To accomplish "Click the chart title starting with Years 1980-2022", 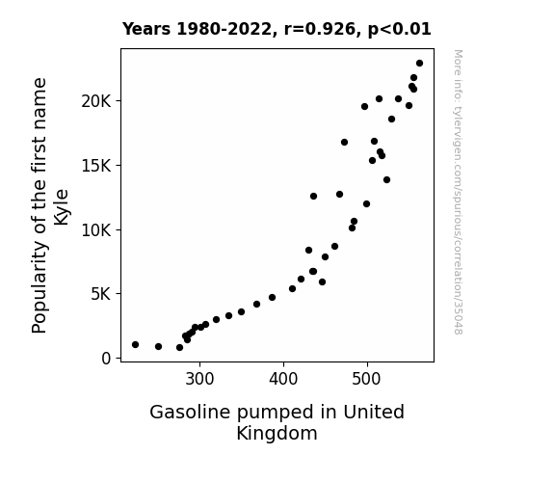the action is pyautogui.click(x=277, y=29).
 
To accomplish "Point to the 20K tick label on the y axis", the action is pyautogui.click(x=96, y=101).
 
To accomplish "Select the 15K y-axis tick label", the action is pyautogui.click(x=96, y=166).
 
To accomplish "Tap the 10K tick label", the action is pyautogui.click(x=96, y=230).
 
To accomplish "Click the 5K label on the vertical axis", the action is pyautogui.click(x=101, y=294).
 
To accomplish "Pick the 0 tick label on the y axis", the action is pyautogui.click(x=106, y=359).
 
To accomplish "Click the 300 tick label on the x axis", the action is pyautogui.click(x=199, y=379).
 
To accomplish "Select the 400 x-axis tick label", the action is pyautogui.click(x=283, y=379).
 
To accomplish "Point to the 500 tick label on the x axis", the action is pyautogui.click(x=366, y=379).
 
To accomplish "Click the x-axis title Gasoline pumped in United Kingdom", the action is pyautogui.click(x=277, y=422).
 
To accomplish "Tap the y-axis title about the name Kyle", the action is pyautogui.click(x=50, y=205).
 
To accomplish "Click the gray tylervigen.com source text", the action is pyautogui.click(x=458, y=192).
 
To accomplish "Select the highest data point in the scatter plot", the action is pyautogui.click(x=419, y=64).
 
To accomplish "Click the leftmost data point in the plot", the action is pyautogui.click(x=135, y=344).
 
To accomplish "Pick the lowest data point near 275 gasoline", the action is pyautogui.click(x=179, y=348).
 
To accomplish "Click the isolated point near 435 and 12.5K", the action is pyautogui.click(x=313, y=197).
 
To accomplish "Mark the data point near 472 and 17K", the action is pyautogui.click(x=345, y=142).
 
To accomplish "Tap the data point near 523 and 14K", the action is pyautogui.click(x=387, y=180).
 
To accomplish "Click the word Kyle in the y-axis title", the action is pyautogui.click(x=62, y=207).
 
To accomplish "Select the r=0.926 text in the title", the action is pyautogui.click(x=320, y=29).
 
